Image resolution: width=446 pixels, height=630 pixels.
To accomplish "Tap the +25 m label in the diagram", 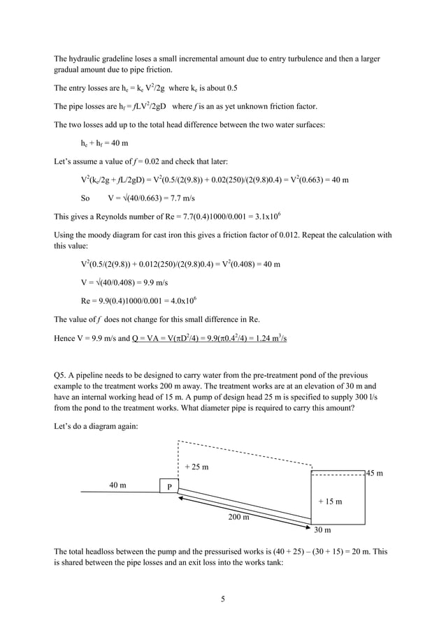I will coord(196,467).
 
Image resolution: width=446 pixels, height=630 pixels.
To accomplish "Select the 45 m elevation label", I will coord(375,474).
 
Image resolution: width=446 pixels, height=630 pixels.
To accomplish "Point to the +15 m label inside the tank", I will coord(330,501).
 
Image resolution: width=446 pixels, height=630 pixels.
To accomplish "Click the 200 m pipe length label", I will coord(238,517).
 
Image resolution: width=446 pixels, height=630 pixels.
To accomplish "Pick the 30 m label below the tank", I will coord(322,531).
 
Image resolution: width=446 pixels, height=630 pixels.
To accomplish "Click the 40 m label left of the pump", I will coord(117,485).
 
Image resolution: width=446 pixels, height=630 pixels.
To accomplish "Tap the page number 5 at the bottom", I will coord(222,599).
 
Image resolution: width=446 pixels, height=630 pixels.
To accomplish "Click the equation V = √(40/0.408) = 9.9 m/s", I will coord(124,283).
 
